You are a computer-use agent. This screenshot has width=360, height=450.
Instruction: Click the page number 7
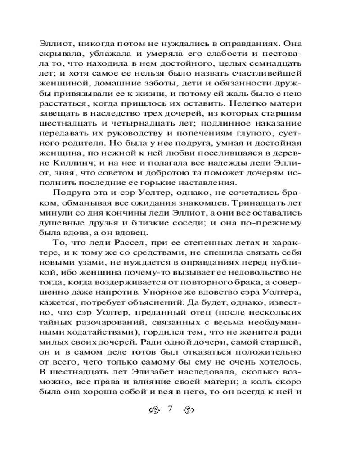point(170,409)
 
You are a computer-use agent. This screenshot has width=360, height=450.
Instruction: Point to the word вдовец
point(137,232)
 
